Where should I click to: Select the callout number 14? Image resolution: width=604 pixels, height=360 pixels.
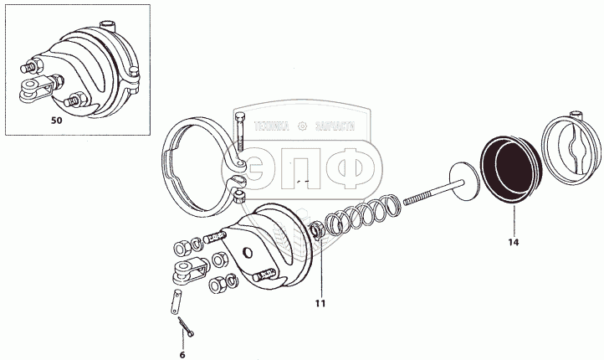[513, 242]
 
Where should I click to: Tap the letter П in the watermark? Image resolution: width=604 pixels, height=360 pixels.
[306, 168]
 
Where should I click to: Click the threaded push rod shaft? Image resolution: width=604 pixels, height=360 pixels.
[427, 198]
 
